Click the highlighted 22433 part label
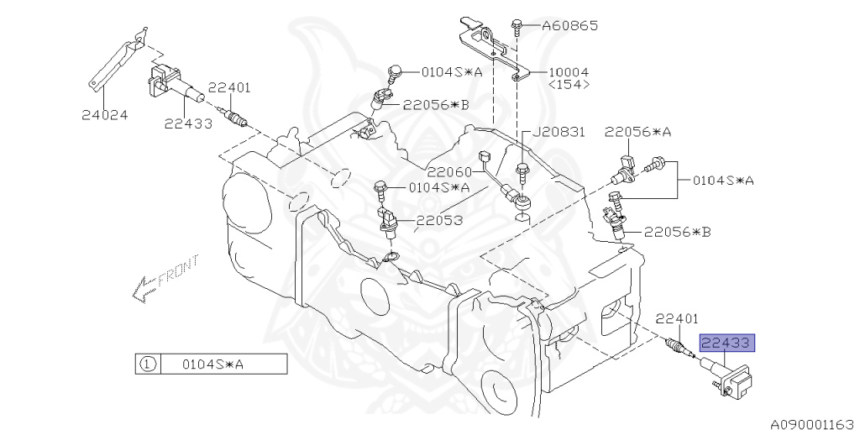pos(728,343)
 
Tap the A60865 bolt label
pos(569,26)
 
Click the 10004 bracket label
pos(569,73)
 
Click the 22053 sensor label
pos(440,221)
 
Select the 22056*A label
pos(637,132)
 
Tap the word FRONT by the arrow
pos(177,272)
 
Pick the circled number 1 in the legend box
pos(146,364)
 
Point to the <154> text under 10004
pos(569,85)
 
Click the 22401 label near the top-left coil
pos(229,87)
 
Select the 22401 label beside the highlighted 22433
pos(676,318)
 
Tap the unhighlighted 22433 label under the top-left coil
pos(187,123)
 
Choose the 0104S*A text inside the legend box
pos(212,364)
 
